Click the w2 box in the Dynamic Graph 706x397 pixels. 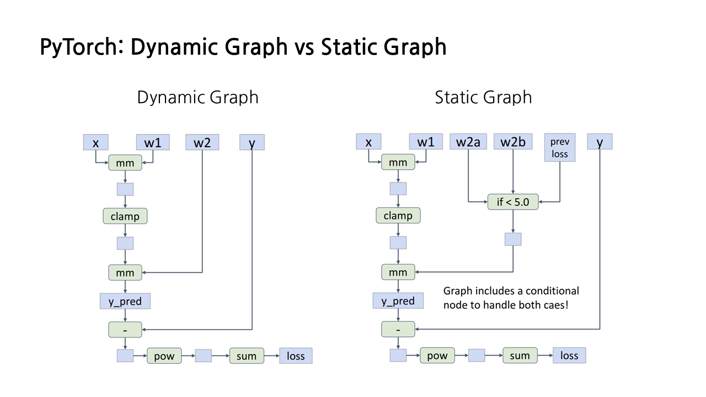coord(202,143)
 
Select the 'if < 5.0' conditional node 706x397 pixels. coord(513,202)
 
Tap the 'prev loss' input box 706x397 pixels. coord(560,148)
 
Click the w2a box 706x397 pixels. coord(468,142)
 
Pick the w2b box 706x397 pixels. coord(513,142)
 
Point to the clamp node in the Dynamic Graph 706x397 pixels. coord(125,216)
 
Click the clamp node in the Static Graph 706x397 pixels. coord(398,216)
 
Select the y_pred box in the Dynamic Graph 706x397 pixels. coord(125,302)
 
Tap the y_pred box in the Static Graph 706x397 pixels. coord(398,301)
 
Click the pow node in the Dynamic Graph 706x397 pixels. coord(164,356)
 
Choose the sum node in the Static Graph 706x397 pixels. coord(520,356)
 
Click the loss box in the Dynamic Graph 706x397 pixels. coord(296,356)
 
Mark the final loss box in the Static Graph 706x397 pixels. coord(569,356)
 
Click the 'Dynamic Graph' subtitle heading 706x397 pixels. coord(197,98)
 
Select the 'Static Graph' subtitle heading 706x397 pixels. coord(483,98)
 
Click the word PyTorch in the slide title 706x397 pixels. coord(80,47)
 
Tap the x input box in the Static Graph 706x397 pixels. coord(369,142)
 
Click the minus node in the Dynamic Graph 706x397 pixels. coord(125,330)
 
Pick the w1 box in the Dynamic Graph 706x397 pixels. coord(153,143)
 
